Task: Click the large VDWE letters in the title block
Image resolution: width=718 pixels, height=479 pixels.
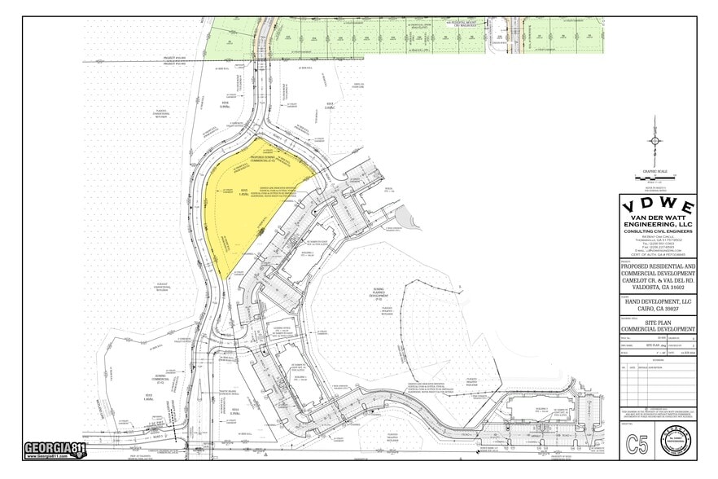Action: (x=658, y=205)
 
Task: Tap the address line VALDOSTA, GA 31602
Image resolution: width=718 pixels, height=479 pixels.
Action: (x=658, y=286)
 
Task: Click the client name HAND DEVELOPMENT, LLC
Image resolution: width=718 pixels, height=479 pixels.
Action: (x=658, y=301)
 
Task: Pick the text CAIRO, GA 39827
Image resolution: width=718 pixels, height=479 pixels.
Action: (x=658, y=310)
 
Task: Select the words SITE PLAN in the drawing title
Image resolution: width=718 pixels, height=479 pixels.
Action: (x=658, y=322)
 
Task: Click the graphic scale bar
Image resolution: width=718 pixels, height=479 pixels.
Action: (x=655, y=177)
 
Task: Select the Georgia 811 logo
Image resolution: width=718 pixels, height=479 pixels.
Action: (x=55, y=450)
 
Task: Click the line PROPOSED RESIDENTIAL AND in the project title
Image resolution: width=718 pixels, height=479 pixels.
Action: (x=658, y=266)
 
